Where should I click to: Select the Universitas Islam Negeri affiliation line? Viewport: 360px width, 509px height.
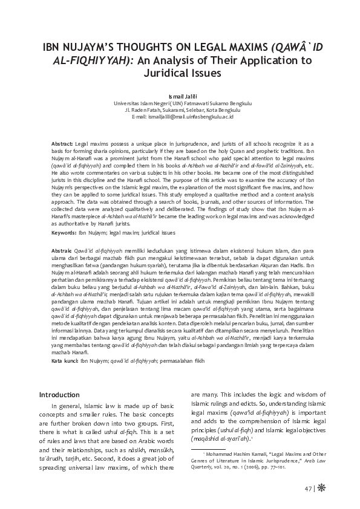(180, 103)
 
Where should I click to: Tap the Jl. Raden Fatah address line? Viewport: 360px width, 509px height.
(180, 110)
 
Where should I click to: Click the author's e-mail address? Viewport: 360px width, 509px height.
(180, 117)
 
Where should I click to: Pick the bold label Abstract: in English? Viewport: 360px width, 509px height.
(62, 140)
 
